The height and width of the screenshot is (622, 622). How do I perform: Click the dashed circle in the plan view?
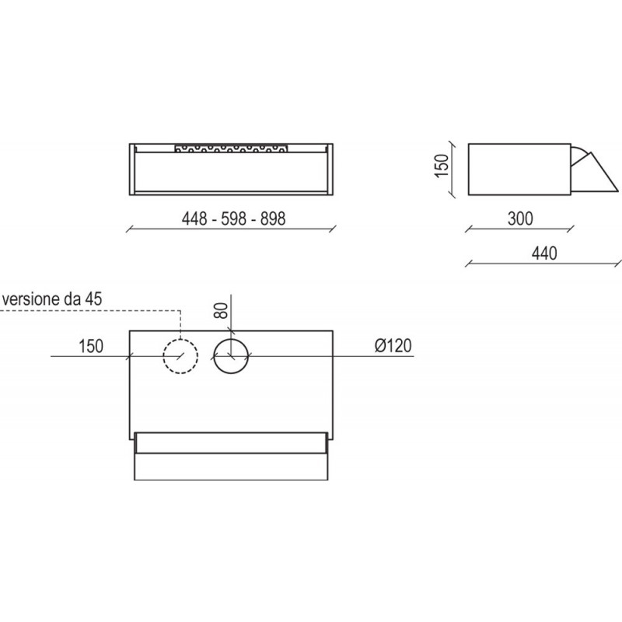click(x=180, y=357)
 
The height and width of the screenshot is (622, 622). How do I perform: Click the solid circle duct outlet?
click(x=231, y=357)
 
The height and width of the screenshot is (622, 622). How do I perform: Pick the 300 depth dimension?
click(x=519, y=219)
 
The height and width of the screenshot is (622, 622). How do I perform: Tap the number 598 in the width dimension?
click(x=232, y=219)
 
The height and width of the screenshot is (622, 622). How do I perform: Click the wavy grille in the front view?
click(x=232, y=147)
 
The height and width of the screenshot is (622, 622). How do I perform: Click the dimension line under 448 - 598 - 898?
click(x=232, y=229)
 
